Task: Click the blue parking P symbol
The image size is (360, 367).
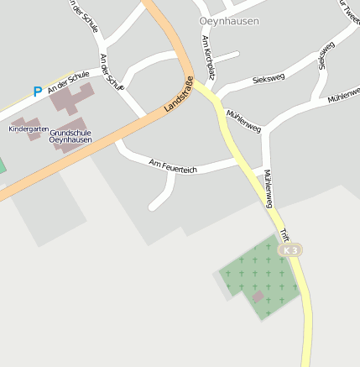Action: tap(37, 92)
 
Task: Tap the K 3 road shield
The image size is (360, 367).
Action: tap(291, 250)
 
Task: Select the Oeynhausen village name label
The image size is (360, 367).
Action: tap(229, 21)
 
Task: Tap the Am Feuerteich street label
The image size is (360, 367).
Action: tap(172, 166)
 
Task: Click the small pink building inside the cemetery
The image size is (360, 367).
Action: tap(258, 296)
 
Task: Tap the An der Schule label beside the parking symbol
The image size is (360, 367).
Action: tap(68, 81)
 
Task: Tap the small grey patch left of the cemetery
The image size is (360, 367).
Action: tap(221, 286)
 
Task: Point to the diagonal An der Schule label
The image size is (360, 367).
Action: tap(111, 72)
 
